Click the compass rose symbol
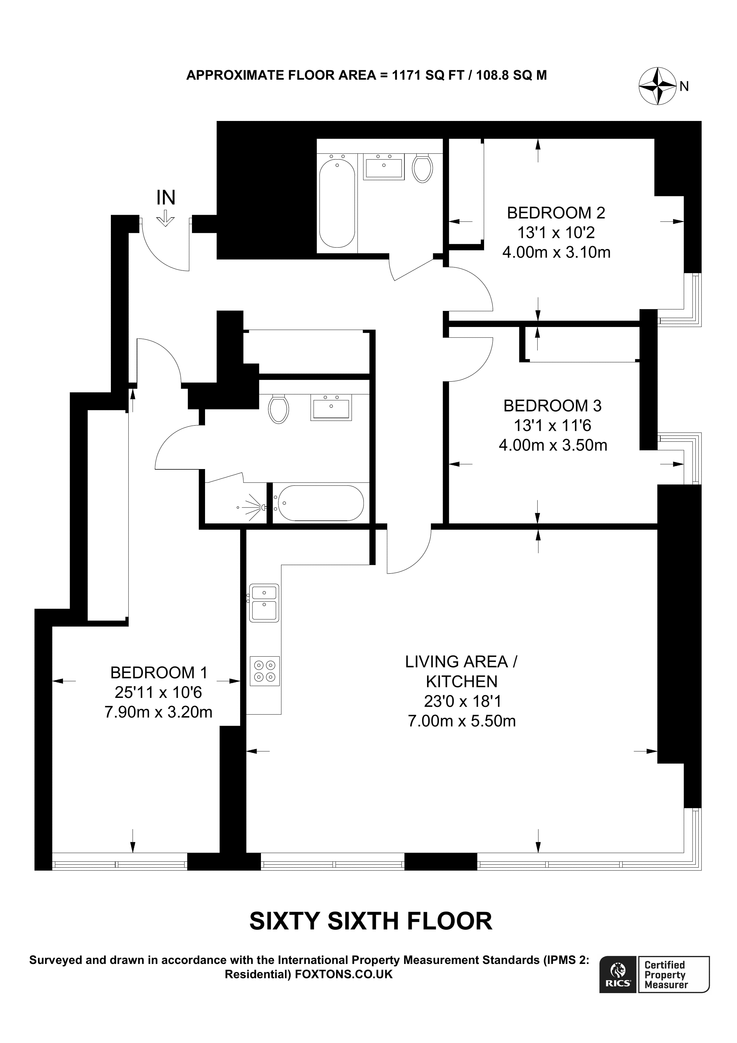658,85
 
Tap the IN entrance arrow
165,217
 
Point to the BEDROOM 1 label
159,672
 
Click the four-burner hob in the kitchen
265,671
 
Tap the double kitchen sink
264,603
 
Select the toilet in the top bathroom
422,168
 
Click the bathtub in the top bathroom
337,203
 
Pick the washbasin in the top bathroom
384,166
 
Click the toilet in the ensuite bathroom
278,409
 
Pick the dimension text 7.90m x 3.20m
158,712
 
